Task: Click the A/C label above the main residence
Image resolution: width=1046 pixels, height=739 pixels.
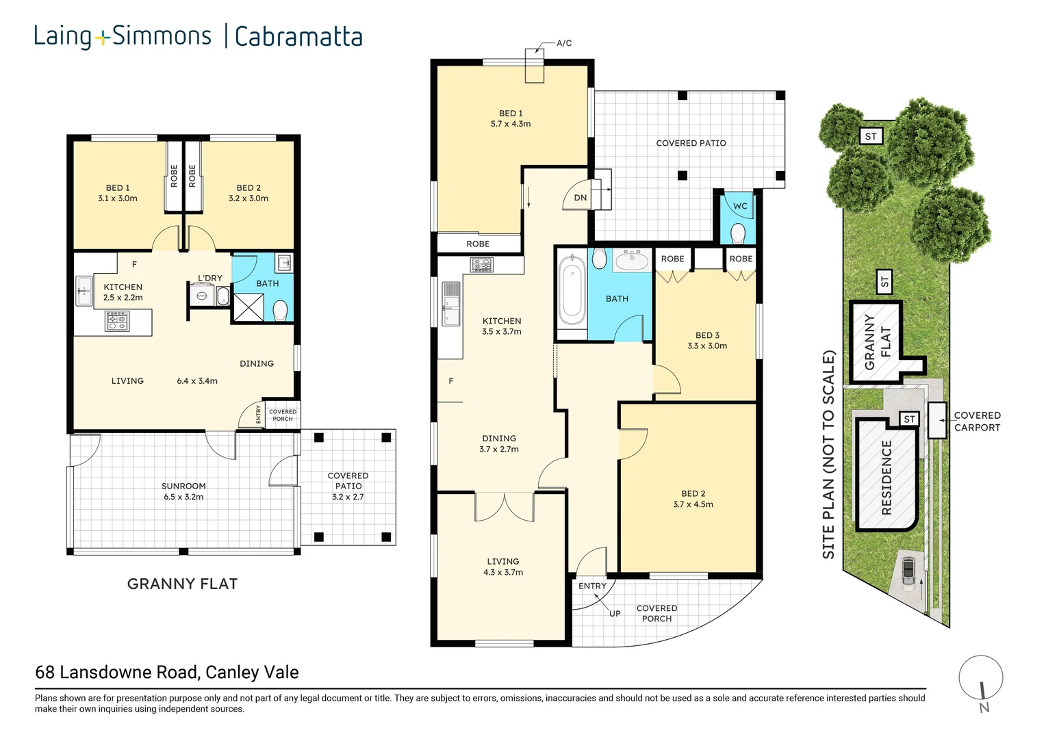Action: [563, 43]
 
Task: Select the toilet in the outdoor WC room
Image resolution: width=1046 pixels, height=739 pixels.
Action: [738, 233]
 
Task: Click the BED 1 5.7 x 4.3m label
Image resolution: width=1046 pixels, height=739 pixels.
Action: [510, 118]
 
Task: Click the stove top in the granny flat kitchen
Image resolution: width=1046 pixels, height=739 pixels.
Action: [117, 321]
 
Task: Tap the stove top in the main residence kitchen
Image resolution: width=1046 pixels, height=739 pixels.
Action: [481, 264]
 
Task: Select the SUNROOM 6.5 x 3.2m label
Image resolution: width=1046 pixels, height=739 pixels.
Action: [183, 491]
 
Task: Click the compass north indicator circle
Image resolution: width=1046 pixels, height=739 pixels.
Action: [980, 678]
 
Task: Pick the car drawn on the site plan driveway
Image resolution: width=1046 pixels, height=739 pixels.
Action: [908, 570]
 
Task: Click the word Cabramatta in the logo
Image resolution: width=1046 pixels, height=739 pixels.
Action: [298, 36]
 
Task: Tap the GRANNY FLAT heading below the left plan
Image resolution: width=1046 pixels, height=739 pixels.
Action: [182, 584]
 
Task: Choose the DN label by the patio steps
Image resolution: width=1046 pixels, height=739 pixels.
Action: [580, 198]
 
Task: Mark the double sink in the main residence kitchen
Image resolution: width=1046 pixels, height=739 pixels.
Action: [450, 303]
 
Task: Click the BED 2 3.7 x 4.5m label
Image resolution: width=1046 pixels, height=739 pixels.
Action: [693, 499]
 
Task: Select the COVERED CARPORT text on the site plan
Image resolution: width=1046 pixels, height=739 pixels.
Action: [977, 421]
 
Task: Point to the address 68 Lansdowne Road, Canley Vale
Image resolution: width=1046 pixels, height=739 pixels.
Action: [167, 672]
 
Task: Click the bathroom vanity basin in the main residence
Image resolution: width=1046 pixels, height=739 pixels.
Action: [632, 260]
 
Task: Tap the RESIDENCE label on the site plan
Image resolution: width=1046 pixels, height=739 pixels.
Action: [886, 477]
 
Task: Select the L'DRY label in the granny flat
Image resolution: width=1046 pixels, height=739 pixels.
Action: [209, 278]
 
